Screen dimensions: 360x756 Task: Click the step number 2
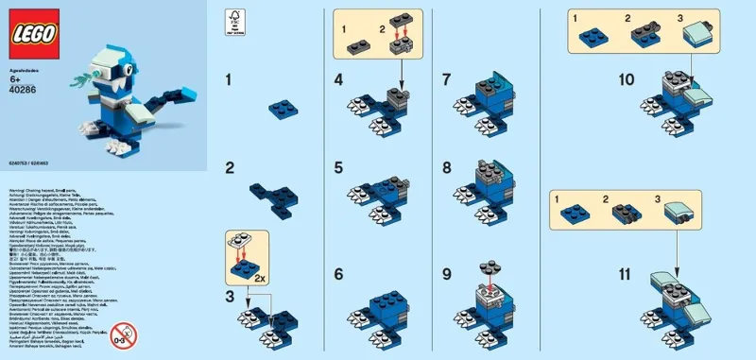point(229,170)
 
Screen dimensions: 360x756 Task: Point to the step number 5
point(338,170)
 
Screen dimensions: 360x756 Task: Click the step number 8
point(450,170)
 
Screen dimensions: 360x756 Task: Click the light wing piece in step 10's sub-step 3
point(700,37)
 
